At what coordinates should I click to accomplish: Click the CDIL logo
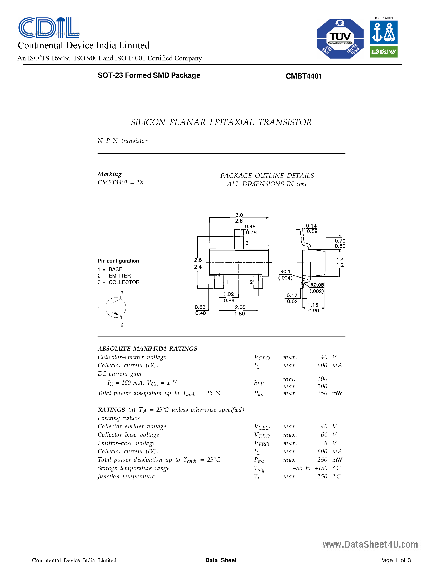[49, 27]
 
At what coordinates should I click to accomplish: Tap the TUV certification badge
[340, 39]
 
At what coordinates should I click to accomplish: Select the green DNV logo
[384, 52]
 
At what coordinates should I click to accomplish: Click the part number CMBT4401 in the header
[304, 76]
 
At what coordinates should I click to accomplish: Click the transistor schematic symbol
[116, 308]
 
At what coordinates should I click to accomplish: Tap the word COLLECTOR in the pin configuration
[124, 282]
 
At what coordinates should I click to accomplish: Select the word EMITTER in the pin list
[120, 276]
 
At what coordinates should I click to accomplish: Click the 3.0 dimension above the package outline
[239, 215]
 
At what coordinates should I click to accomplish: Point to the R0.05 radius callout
[317, 285]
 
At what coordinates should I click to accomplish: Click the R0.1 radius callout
[285, 271]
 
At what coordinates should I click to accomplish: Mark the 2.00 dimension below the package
[240, 307]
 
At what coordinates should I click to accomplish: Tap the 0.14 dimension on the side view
[311, 226]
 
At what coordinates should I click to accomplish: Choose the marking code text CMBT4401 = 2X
[121, 182]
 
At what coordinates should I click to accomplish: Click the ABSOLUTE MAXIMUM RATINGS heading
[147, 349]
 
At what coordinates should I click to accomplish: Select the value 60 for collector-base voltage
[324, 435]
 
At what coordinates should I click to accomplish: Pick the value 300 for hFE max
[322, 387]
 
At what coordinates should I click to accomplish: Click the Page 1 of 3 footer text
[395, 560]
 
